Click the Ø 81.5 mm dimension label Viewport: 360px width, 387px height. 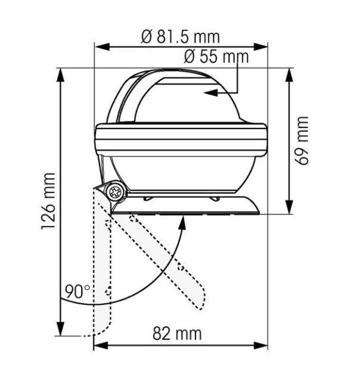[x=180, y=37]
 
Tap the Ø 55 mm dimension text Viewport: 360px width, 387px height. [x=216, y=57]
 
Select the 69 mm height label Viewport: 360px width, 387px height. [x=302, y=141]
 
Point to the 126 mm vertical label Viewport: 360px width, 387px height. [x=48, y=201]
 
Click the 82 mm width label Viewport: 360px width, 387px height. [x=177, y=333]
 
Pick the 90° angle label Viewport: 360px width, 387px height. [x=77, y=292]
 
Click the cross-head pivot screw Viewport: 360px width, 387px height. [x=115, y=192]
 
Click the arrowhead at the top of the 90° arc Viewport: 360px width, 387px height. [x=182, y=223]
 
